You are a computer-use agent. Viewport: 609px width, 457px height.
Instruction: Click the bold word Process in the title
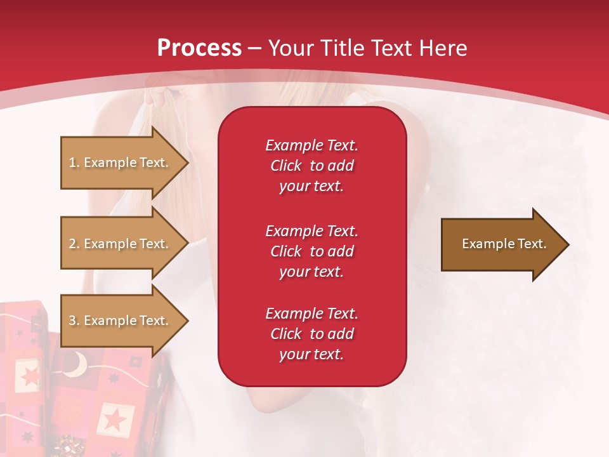click(199, 48)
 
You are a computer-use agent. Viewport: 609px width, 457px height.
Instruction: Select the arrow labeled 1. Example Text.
click(121, 162)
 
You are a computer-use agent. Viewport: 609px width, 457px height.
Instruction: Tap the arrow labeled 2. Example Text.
click(121, 244)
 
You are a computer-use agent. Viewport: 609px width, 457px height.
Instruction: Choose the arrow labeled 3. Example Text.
click(121, 321)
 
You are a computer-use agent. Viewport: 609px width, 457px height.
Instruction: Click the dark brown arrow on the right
click(501, 244)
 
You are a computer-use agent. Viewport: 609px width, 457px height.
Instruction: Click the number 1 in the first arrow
click(72, 162)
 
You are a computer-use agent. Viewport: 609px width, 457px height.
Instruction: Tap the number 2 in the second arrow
click(72, 244)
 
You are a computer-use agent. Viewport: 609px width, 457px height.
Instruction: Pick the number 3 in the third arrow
click(72, 321)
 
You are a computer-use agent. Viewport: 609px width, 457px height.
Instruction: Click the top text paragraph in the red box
click(311, 166)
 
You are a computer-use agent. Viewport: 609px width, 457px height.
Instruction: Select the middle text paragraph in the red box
click(311, 251)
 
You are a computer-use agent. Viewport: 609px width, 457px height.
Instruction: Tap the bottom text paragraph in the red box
click(311, 334)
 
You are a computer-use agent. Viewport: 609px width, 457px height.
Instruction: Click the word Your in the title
click(291, 48)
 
